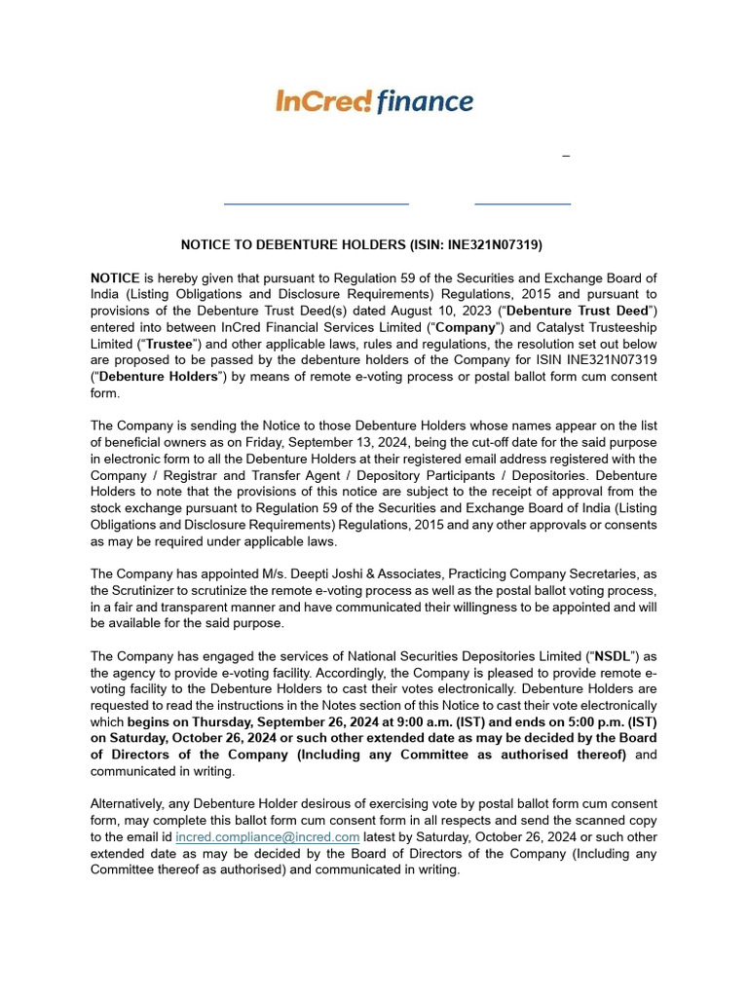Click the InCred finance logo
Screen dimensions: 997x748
(375, 101)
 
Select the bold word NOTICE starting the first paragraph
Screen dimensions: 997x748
(115, 277)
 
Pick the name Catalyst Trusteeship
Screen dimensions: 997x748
(593, 327)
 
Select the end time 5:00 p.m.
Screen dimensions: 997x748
(594, 721)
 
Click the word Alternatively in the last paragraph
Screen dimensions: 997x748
(130, 803)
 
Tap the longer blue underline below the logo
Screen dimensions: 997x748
(316, 203)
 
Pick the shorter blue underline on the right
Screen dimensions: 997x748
(522, 203)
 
